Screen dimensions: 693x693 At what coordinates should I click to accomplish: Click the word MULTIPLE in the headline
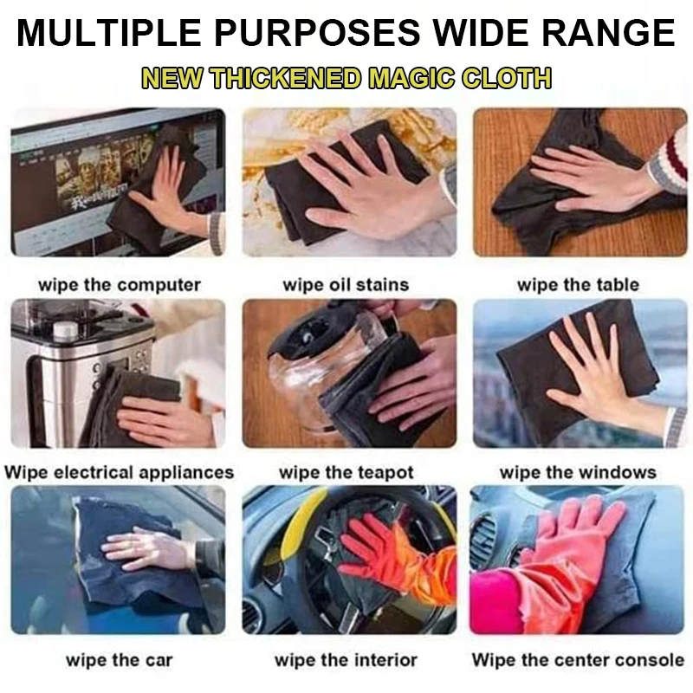click(x=109, y=32)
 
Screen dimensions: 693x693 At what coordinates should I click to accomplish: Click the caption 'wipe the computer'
click(x=120, y=285)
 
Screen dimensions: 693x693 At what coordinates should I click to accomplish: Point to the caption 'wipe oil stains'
click(x=346, y=285)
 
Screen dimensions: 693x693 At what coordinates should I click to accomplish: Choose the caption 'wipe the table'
click(x=578, y=285)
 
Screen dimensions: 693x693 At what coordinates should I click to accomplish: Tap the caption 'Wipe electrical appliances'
click(x=120, y=472)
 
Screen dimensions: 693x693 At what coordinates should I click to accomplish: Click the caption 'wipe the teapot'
click(x=346, y=473)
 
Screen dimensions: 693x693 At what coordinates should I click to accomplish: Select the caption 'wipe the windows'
click(x=578, y=472)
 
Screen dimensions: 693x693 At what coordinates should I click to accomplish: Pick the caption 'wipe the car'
click(x=120, y=660)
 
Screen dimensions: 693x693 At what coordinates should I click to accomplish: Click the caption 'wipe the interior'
click(x=346, y=660)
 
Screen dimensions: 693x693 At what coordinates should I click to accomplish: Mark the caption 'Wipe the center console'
click(x=578, y=660)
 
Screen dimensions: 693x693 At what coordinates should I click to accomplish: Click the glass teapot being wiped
click(x=322, y=372)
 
